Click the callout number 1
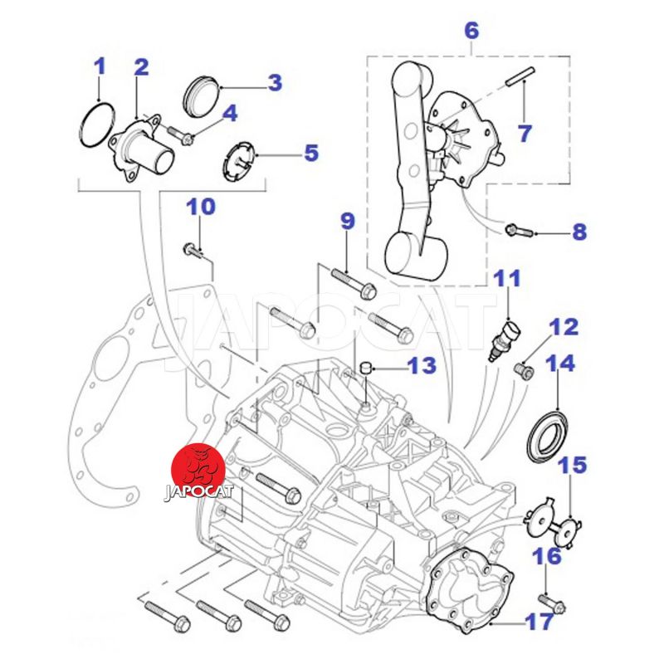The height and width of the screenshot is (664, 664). [100, 66]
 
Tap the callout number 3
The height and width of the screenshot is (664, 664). [275, 82]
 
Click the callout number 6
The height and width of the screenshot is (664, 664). [471, 32]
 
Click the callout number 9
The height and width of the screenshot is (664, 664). [347, 221]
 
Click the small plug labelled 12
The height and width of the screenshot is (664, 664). [524, 369]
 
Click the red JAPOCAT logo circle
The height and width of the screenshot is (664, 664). [196, 470]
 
